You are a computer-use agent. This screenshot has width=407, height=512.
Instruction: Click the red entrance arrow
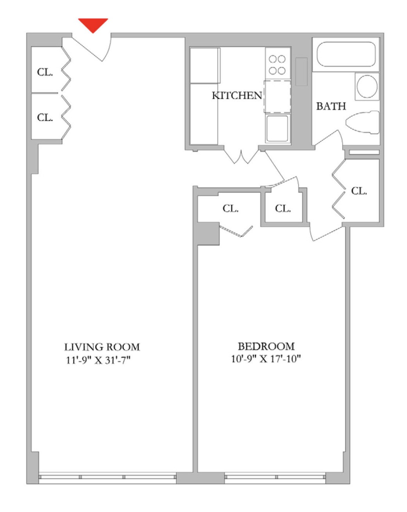pos(93,25)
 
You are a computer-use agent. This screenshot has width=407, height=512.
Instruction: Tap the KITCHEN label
pos(237,95)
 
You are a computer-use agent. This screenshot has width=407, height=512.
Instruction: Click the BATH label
pos(331,106)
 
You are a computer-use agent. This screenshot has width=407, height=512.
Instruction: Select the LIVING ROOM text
pos(102,347)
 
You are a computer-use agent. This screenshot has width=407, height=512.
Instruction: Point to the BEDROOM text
pos(266,346)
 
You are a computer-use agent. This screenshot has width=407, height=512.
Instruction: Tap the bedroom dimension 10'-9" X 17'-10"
pos(266,359)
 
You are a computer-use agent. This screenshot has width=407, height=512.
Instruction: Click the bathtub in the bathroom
pos(346,54)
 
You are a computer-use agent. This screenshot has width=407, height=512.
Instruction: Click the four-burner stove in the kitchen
pos(277,65)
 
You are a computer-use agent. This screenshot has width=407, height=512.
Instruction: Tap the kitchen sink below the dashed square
pos(278,128)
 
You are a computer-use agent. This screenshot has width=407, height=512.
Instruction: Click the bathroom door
pos(329,139)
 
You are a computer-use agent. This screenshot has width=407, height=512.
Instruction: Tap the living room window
pos(107,477)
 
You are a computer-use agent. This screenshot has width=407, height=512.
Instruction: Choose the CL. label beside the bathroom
pos(359,191)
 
